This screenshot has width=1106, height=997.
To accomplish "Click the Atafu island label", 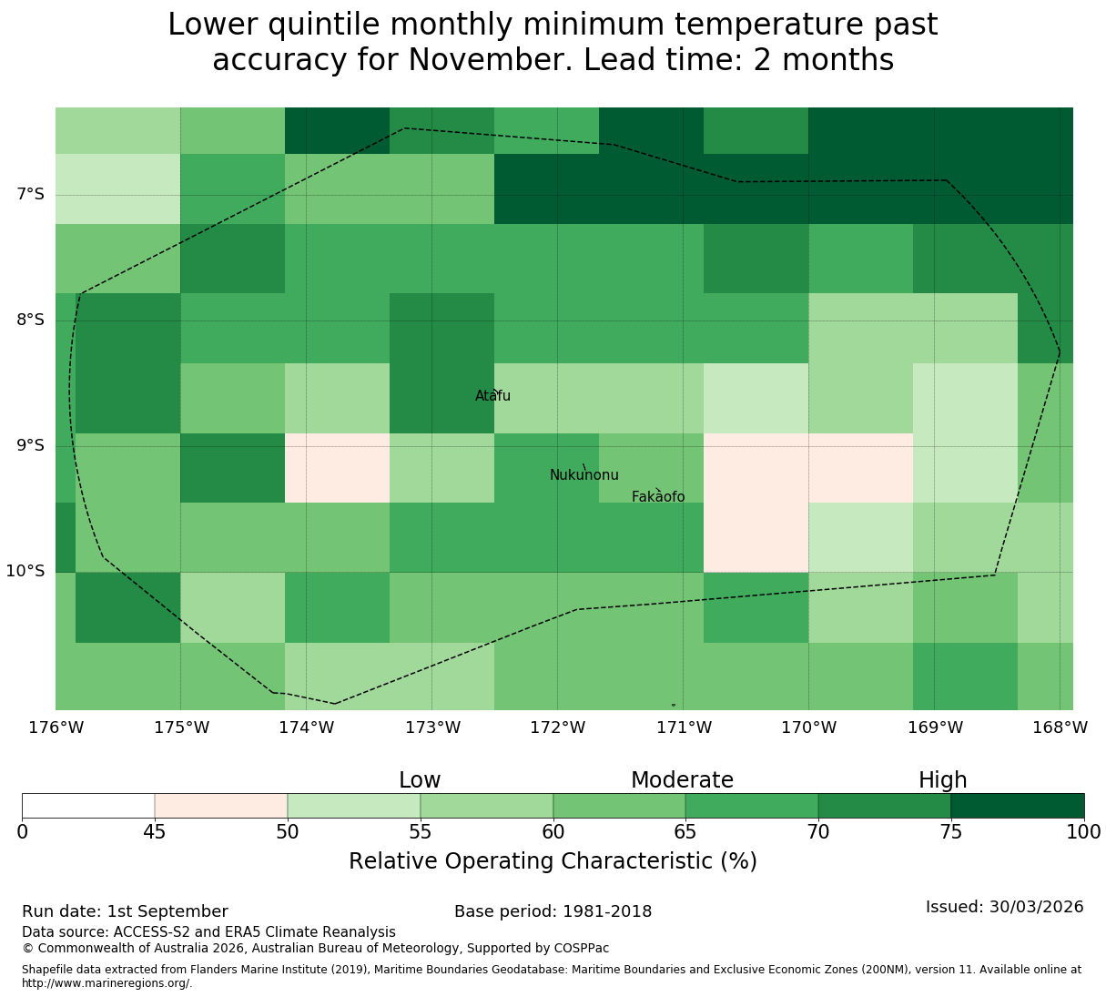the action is point(492,395).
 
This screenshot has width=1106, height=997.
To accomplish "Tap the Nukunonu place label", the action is point(583,474).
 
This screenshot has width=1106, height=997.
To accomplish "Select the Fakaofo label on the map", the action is point(658,496).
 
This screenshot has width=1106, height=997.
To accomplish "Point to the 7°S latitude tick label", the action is point(30,194).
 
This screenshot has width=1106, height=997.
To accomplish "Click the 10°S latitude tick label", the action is point(25,571).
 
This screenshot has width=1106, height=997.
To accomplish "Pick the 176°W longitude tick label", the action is point(56,727).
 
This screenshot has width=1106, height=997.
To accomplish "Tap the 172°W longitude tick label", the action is point(557,727).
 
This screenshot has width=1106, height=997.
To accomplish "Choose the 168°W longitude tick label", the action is point(1060,727).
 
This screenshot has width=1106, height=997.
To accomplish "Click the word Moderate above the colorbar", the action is point(682,780).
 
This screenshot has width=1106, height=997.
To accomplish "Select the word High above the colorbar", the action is point(942,780).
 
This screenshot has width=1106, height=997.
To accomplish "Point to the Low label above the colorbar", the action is point(420,780).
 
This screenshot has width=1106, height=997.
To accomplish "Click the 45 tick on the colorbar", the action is point(155,831).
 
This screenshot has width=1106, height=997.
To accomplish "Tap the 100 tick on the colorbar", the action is point(1083,831).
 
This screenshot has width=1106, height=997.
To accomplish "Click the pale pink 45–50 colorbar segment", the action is point(221,806).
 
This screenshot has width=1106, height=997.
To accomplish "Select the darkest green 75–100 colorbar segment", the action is point(1017,806).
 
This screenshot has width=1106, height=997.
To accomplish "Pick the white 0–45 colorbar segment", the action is point(88,806).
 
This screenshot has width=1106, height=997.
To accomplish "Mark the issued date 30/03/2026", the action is point(1036,907).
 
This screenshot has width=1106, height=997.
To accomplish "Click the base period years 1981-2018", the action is point(606,911).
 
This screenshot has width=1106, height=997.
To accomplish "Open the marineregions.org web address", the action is point(107,983).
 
